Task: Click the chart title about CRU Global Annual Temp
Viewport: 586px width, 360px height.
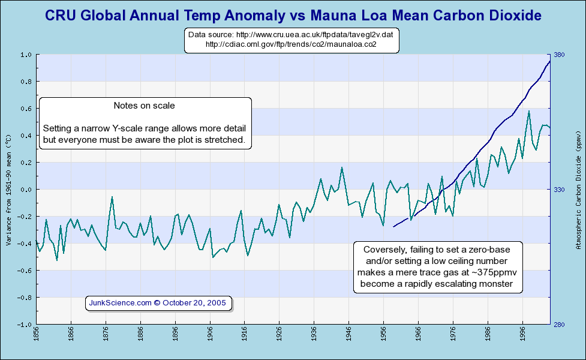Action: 293,14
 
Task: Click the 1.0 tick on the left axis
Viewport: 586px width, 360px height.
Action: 26,55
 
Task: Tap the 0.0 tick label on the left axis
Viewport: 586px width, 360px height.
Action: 26,190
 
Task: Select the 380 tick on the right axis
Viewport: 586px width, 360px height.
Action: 559,55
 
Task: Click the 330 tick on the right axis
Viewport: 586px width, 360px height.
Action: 559,190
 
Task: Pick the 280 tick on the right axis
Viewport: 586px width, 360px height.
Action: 559,325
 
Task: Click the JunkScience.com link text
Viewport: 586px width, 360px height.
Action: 120,303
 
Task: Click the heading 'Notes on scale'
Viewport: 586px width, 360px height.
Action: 144,106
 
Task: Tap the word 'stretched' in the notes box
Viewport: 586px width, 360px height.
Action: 223,140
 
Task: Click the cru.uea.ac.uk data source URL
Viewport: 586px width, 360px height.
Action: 290,35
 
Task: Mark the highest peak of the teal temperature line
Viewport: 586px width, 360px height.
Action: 528,111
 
